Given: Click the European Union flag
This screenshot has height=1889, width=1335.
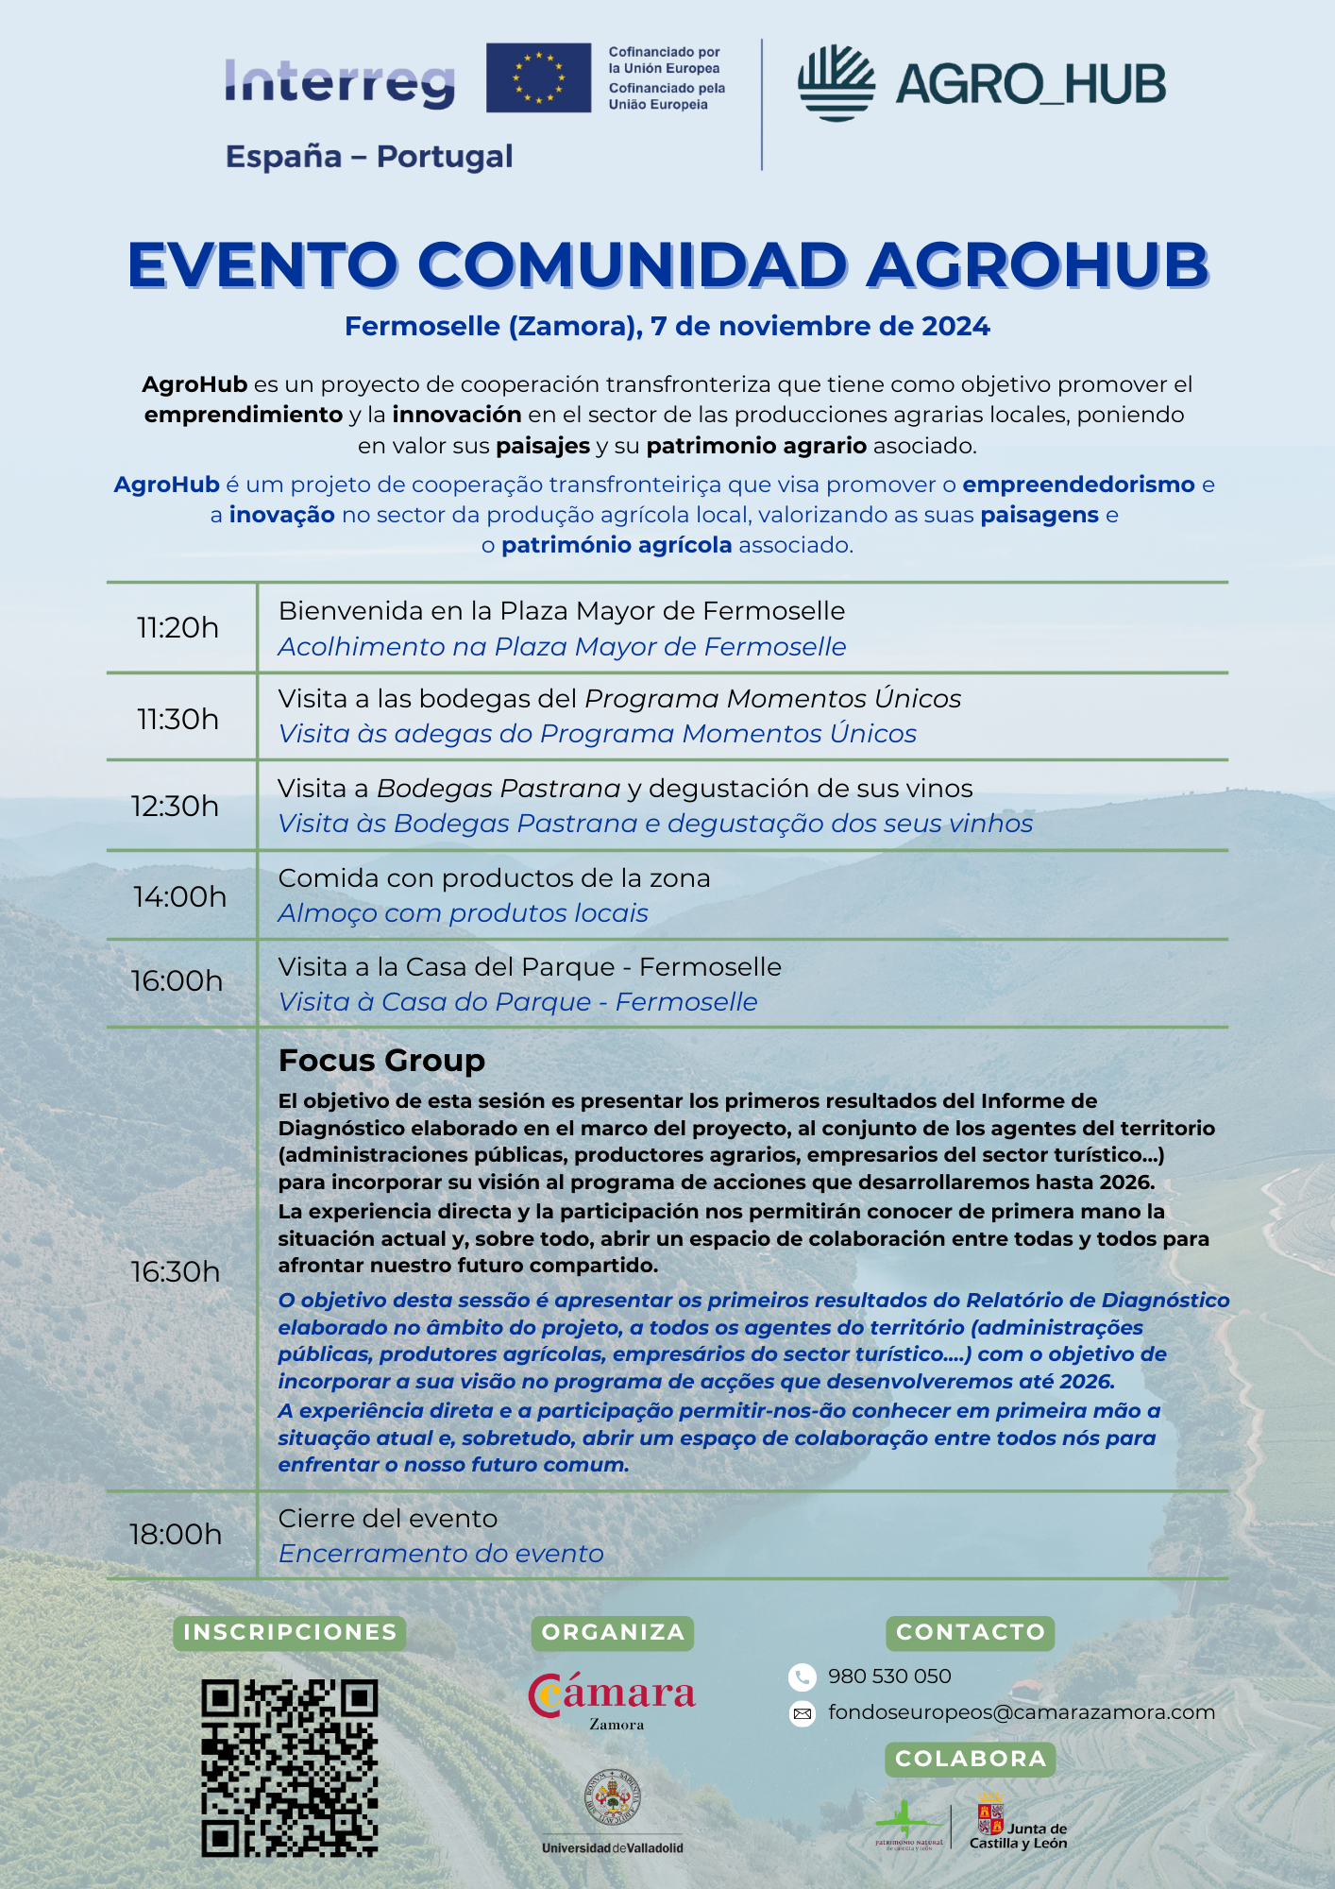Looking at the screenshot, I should (538, 78).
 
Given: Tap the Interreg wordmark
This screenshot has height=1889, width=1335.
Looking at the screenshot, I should (340, 83).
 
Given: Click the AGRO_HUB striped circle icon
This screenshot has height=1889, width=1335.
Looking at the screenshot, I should (836, 83).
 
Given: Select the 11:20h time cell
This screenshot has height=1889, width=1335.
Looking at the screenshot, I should (177, 628).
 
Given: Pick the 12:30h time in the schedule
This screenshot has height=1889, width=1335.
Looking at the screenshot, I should (175, 807).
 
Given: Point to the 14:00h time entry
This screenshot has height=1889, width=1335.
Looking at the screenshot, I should (179, 896).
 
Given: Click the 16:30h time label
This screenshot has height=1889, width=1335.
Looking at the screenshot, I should (176, 1272).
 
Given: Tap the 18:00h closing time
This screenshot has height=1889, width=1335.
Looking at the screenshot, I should (176, 1534).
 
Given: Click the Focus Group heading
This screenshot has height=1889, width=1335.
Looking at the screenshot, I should (381, 1061).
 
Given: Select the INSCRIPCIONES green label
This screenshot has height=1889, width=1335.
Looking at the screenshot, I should (290, 1633).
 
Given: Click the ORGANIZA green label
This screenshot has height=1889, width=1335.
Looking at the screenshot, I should (613, 1633).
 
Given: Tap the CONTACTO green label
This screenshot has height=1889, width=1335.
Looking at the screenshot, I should (971, 1633).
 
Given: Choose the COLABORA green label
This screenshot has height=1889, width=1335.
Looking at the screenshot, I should (971, 1760).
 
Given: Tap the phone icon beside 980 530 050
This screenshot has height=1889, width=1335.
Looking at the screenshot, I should (802, 1676).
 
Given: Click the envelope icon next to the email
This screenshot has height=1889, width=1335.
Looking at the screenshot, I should (802, 1713).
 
